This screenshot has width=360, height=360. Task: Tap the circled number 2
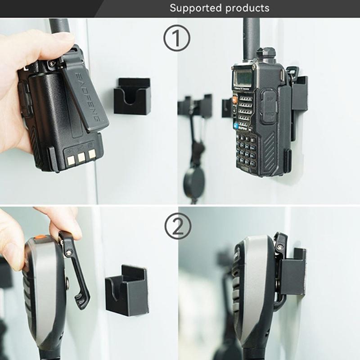(177, 226)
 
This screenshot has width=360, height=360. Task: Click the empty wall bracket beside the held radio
(132, 96)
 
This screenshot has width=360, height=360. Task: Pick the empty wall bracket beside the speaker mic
(127, 290)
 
